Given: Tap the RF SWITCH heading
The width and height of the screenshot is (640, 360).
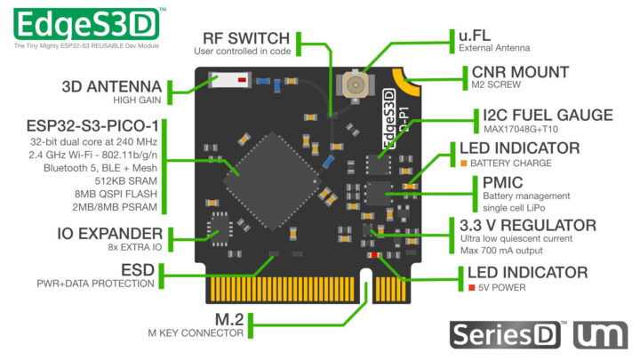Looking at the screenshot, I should [245, 38].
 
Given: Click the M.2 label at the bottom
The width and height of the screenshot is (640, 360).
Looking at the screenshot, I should [225, 318].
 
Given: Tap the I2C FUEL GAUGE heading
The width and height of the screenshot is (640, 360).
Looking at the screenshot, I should [548, 115].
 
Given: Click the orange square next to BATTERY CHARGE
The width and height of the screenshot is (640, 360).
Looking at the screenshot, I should [463, 164].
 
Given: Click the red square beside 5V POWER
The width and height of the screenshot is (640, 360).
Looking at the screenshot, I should [463, 288].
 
